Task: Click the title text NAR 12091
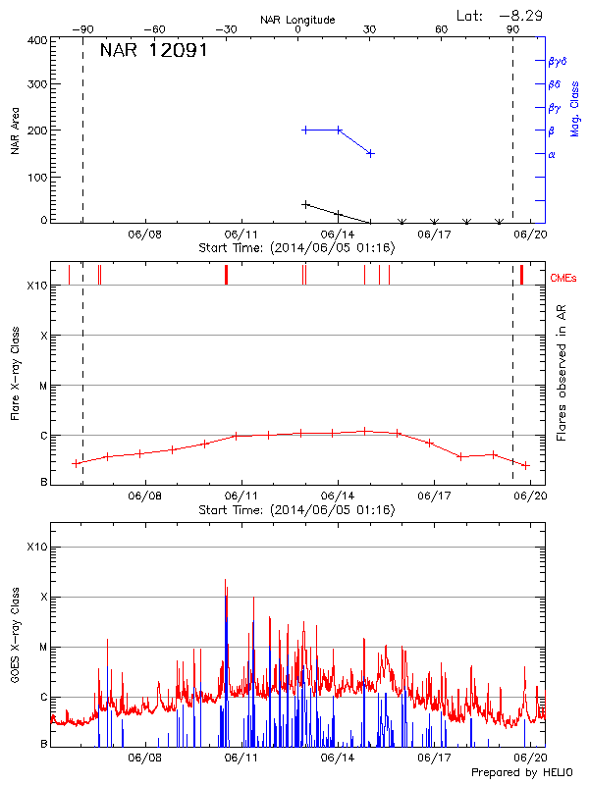click(153, 51)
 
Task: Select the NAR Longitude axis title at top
click(297, 20)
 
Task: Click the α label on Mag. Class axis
click(552, 154)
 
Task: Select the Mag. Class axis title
click(575, 108)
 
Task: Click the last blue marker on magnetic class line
click(370, 153)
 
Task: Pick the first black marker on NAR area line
click(306, 204)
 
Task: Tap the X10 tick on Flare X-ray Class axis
click(36, 286)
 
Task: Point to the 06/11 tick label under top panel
click(241, 235)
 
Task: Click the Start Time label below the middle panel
click(296, 510)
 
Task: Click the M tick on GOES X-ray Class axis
click(43, 647)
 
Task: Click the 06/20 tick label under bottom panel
click(531, 759)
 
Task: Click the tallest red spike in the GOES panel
click(225, 581)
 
